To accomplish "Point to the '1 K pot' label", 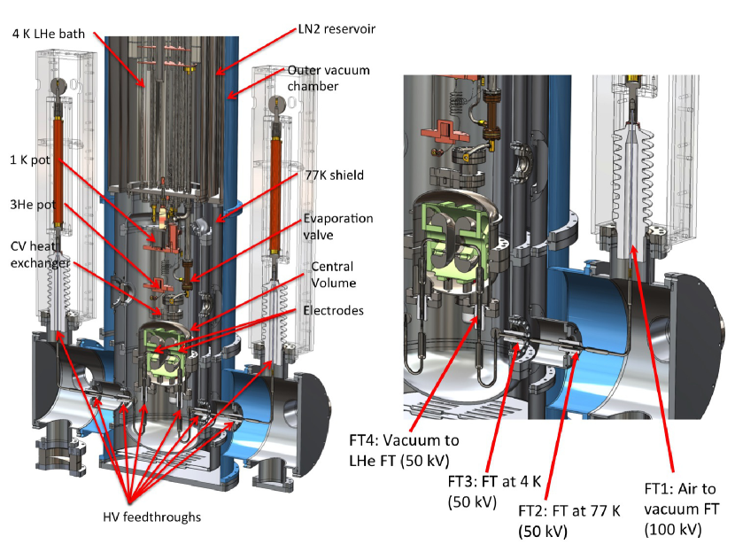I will click(x=29, y=160).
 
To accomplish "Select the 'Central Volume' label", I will click(x=336, y=274).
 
